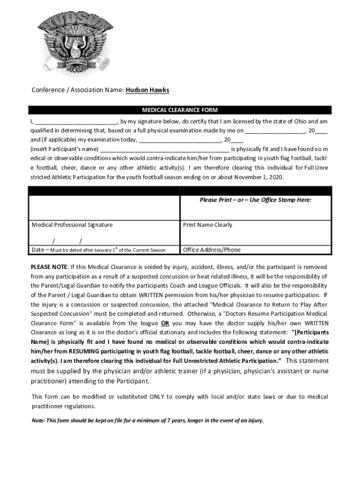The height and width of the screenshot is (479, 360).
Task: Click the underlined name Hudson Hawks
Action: tap(147, 90)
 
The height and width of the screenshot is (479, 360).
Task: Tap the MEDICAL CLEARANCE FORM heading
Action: tap(180, 110)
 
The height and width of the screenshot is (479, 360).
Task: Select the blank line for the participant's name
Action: tap(164, 150)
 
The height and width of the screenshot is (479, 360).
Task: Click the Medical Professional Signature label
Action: tap(72, 225)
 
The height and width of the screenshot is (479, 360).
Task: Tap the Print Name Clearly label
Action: tap(208, 225)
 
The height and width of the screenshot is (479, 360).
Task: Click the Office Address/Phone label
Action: tap(212, 250)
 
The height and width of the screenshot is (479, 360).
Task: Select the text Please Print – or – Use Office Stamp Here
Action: tap(255, 200)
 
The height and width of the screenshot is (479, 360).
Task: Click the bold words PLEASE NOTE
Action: tap(49, 267)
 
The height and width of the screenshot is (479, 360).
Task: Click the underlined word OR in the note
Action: tap(165, 323)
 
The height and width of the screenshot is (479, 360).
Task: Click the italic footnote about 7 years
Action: tap(148, 420)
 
